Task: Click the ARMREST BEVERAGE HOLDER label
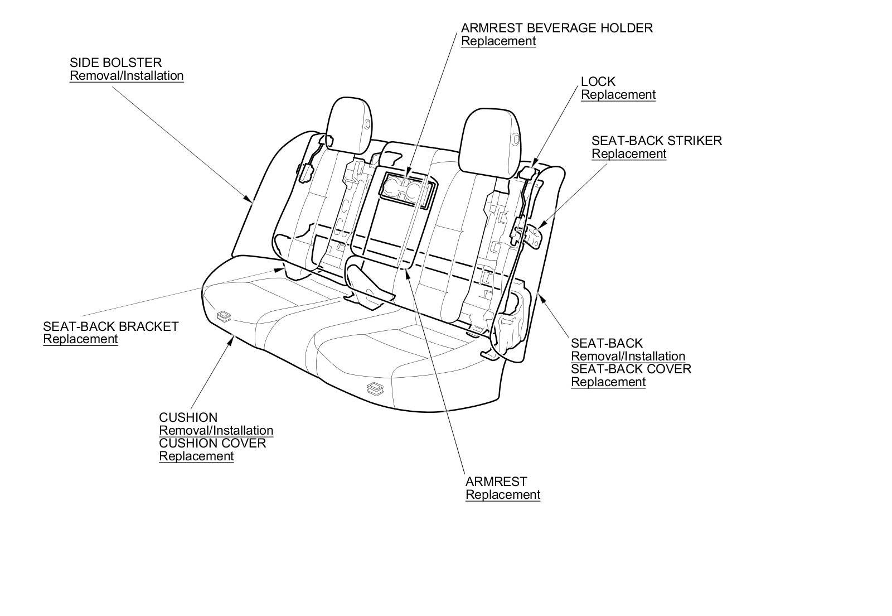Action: click(x=556, y=28)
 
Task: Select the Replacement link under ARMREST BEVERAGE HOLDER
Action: click(x=498, y=41)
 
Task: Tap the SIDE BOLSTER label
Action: click(x=115, y=62)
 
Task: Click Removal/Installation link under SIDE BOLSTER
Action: click(x=127, y=76)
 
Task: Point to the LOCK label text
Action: click(x=598, y=81)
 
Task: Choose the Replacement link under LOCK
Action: click(x=618, y=95)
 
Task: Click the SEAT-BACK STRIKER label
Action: click(x=656, y=141)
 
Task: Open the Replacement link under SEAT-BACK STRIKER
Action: click(x=628, y=154)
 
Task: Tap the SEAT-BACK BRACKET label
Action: click(x=110, y=326)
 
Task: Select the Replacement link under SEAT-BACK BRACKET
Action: click(x=80, y=339)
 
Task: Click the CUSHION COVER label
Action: click(x=212, y=444)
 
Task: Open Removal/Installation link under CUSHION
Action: click(x=216, y=431)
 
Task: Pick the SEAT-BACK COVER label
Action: click(x=631, y=369)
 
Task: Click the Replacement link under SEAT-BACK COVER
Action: click(x=608, y=382)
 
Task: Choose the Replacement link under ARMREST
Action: click(x=502, y=495)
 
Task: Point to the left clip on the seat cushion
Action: click(x=224, y=317)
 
